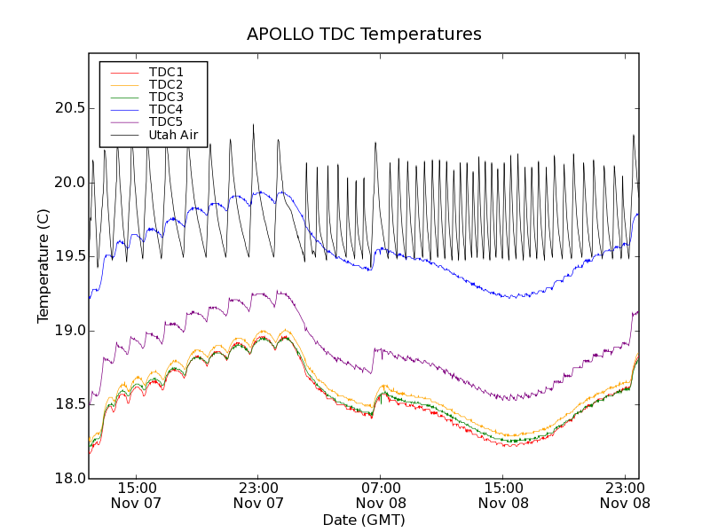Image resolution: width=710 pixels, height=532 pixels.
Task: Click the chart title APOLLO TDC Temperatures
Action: pos(364,35)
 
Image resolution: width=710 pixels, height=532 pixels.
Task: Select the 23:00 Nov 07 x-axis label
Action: pos(258,496)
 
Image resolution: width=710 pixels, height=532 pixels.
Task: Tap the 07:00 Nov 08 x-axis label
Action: pos(381,496)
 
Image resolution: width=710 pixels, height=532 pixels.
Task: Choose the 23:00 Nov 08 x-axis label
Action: pos(626,496)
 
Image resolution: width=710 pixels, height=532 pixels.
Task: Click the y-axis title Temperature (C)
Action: pos(43,265)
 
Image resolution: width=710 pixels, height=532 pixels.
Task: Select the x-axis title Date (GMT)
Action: pos(364,520)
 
